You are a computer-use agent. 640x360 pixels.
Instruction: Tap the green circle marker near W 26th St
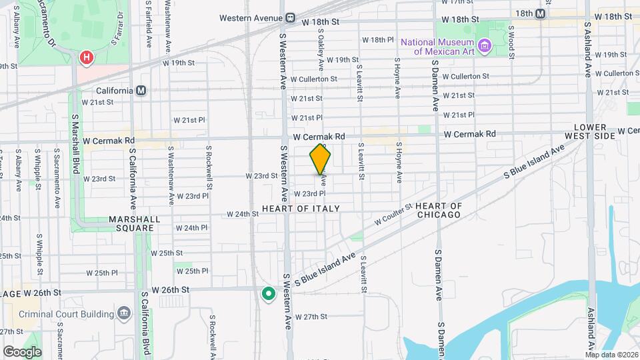268,293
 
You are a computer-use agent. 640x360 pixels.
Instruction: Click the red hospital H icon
86,59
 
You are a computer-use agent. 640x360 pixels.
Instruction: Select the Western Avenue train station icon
290,18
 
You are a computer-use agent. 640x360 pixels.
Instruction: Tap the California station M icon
141,91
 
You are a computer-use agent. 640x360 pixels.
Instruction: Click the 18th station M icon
540,13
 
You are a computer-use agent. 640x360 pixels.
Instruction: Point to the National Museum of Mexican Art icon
485,46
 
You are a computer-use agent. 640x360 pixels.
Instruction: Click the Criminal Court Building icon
123,313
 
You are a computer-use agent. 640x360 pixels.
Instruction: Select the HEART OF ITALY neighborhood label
301,209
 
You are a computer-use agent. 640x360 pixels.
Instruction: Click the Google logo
22,351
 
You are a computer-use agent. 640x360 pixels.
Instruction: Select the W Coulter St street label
394,214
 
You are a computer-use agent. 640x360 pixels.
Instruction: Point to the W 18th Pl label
381,40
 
